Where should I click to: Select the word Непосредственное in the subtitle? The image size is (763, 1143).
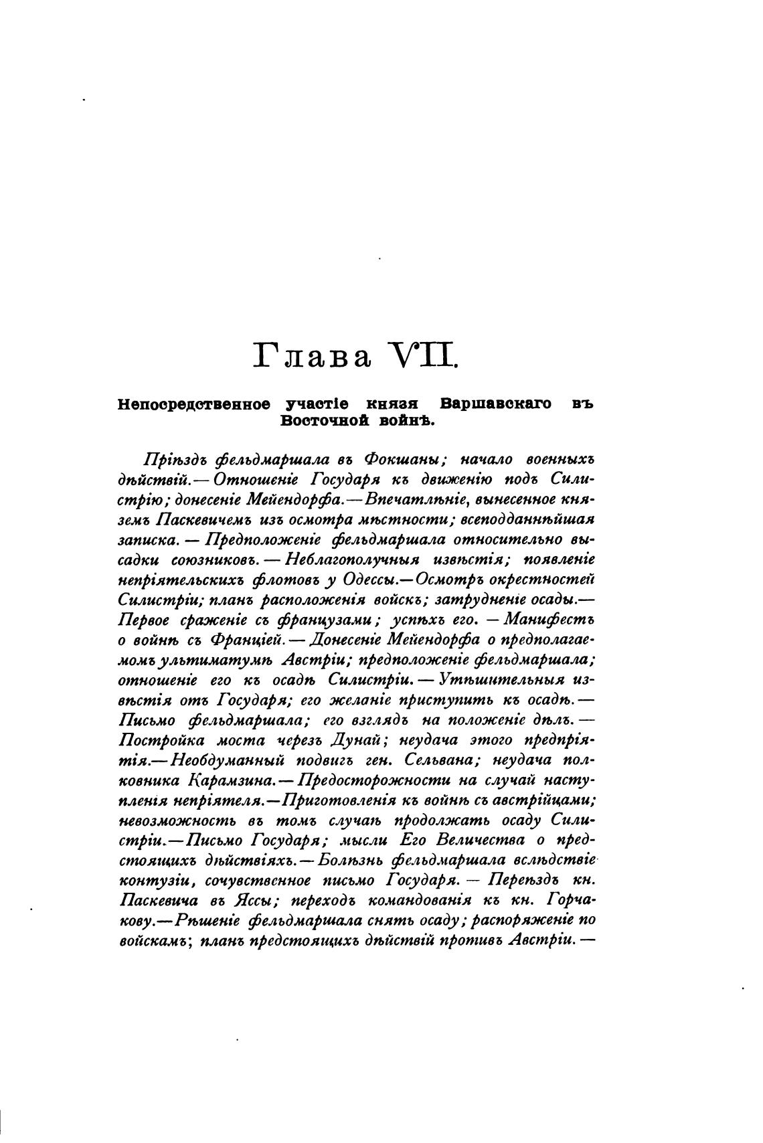click(194, 404)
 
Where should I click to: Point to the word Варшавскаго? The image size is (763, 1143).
click(496, 404)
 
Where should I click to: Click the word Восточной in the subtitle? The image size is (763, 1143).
click(318, 421)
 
